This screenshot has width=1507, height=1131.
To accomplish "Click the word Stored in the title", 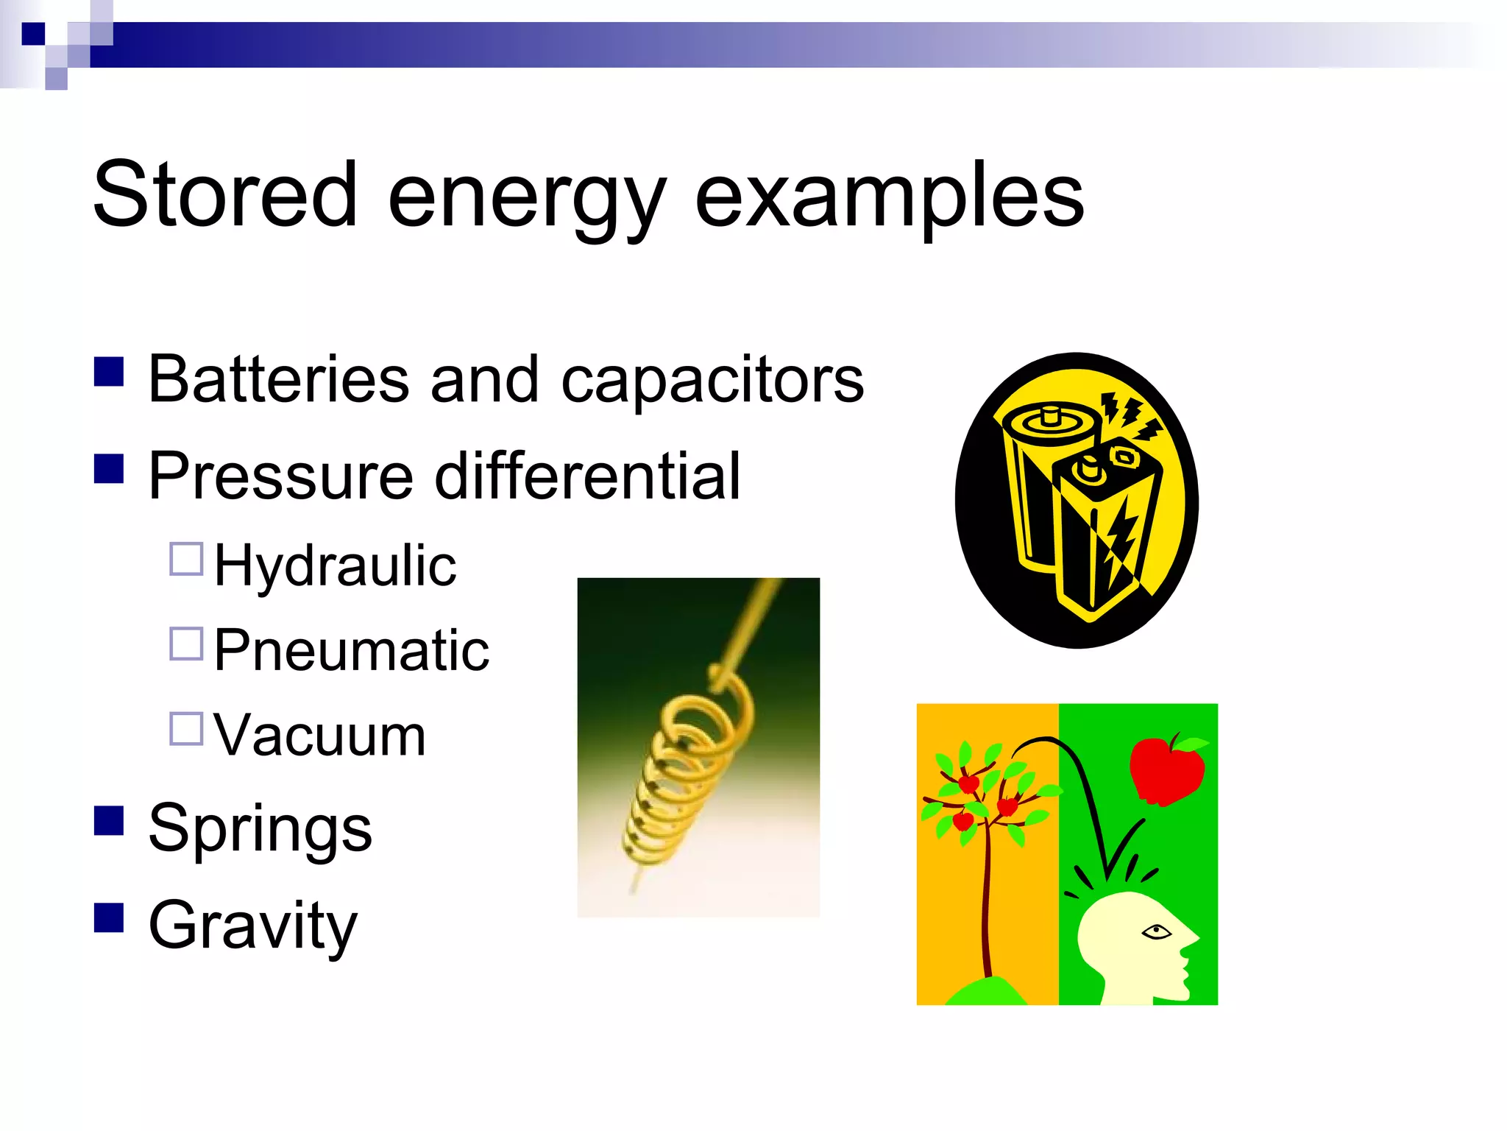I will pyautogui.click(x=225, y=195).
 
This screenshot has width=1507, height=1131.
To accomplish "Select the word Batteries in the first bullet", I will pyautogui.click(x=278, y=380).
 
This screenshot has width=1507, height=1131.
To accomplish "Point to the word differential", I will pyautogui.click(x=587, y=476).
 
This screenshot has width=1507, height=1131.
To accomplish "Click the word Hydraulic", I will pyautogui.click(x=335, y=565).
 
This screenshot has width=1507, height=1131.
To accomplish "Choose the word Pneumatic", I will pyautogui.click(x=352, y=650).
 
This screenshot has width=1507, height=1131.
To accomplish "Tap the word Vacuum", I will pyautogui.click(x=320, y=735).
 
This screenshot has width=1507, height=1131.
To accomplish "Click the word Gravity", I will pyautogui.click(x=252, y=926).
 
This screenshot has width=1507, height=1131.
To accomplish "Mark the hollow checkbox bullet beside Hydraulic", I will pyautogui.click(x=186, y=559).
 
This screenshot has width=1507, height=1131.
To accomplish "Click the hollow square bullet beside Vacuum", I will pyautogui.click(x=186, y=728).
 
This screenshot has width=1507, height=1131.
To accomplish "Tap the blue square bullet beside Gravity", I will pyautogui.click(x=109, y=917).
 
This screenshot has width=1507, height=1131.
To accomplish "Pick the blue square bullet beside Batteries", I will pyautogui.click(x=109, y=372).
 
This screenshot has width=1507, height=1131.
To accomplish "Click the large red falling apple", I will pyautogui.click(x=1167, y=770).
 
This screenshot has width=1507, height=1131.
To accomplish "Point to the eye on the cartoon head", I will pyautogui.click(x=1156, y=932).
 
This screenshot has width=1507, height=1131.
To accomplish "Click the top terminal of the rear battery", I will pyautogui.click(x=1052, y=416).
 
